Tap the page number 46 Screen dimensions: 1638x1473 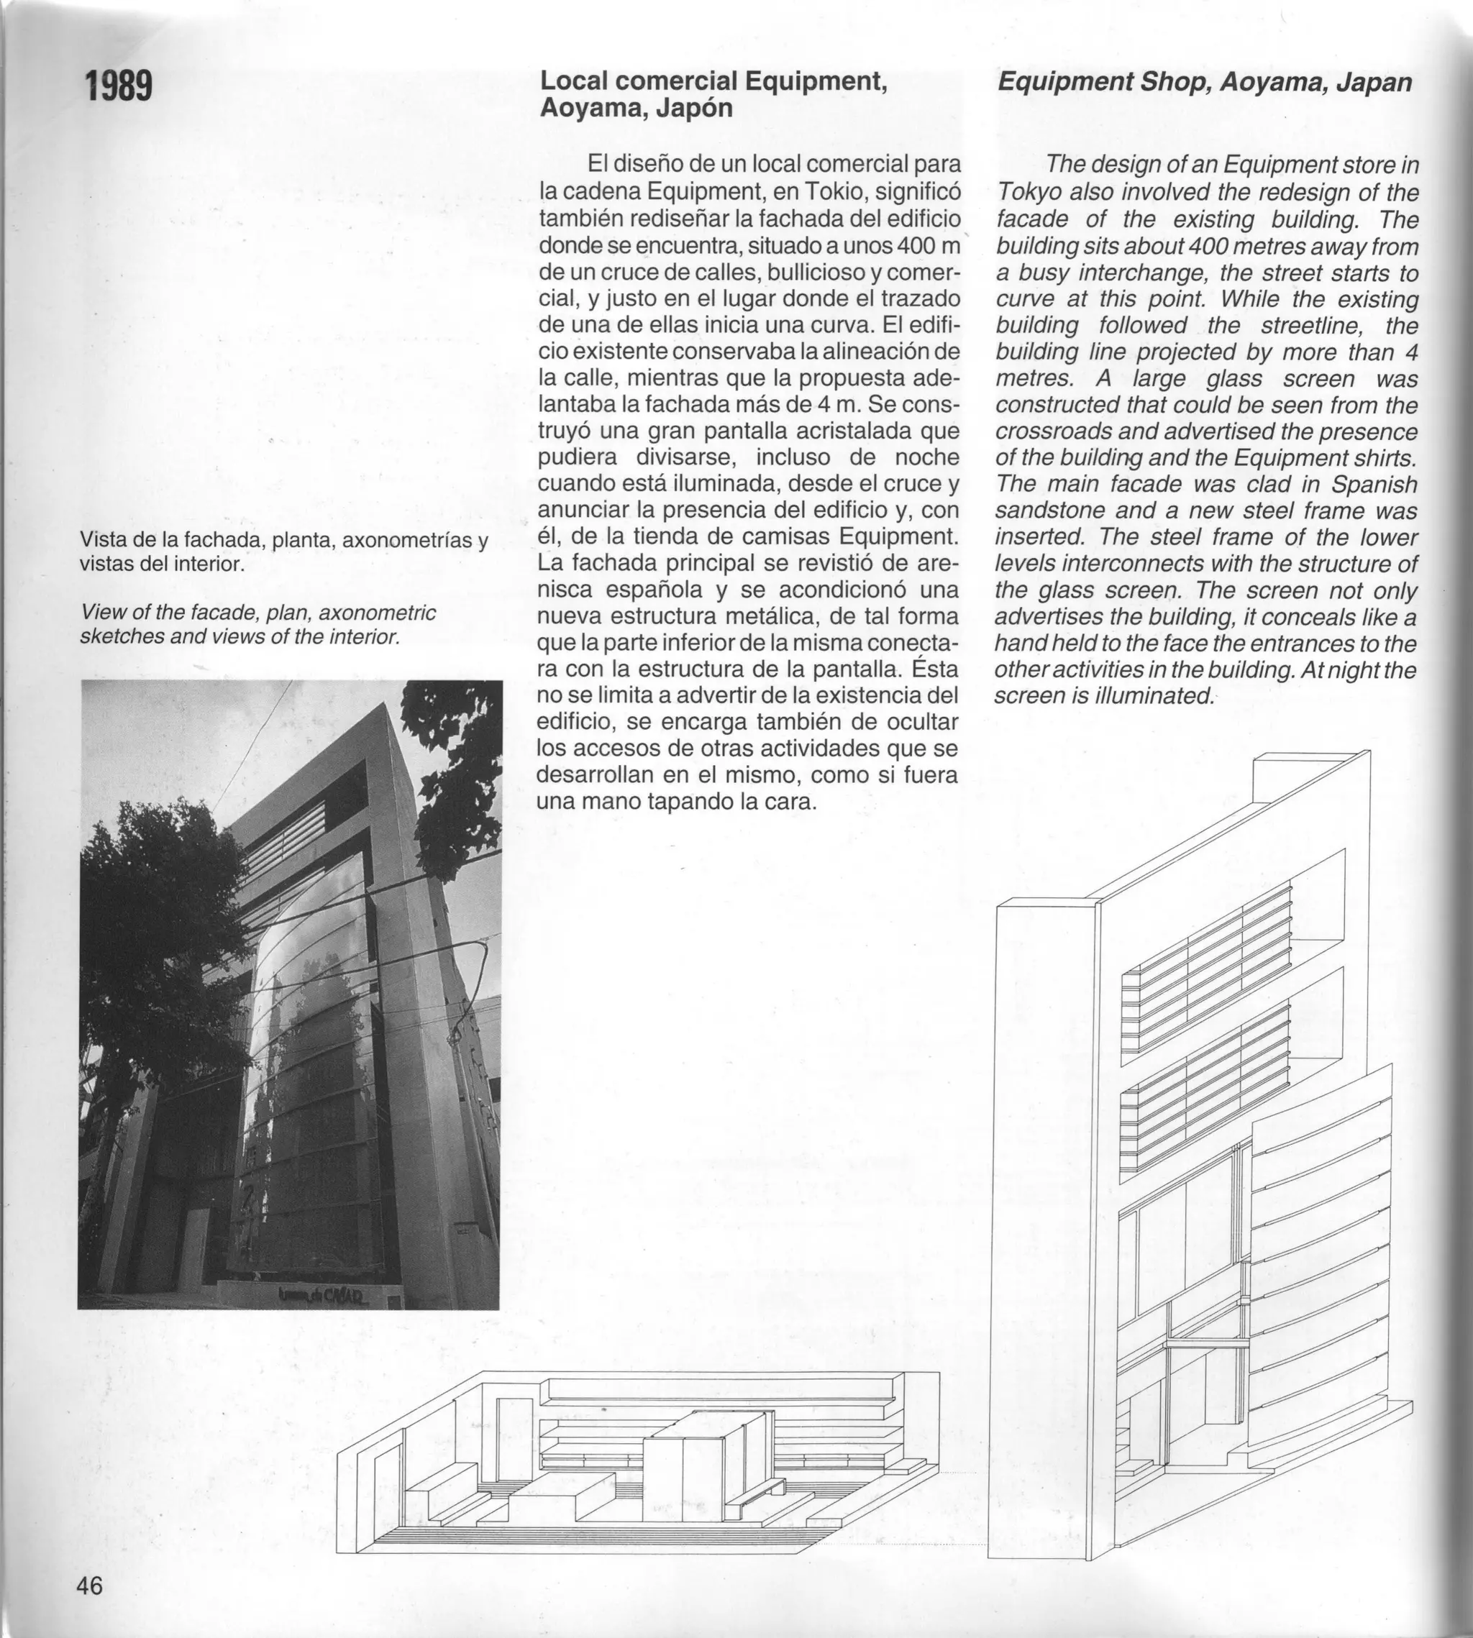tap(90, 1586)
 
